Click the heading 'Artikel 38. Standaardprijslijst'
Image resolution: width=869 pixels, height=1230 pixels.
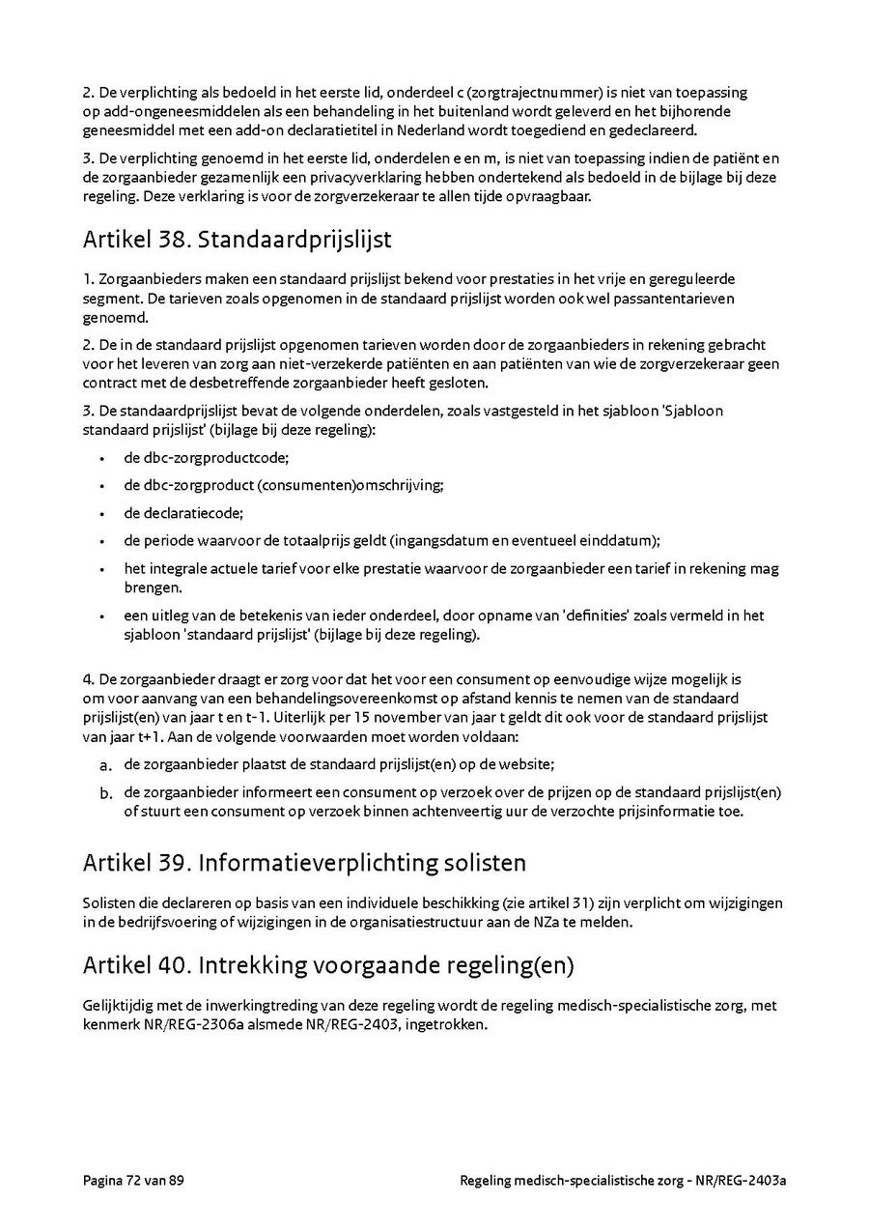(x=237, y=238)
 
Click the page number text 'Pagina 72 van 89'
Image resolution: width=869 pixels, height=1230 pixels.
(x=133, y=1180)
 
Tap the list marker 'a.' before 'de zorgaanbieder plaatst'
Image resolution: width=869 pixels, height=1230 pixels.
(x=106, y=765)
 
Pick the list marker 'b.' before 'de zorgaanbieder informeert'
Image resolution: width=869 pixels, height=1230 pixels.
(x=106, y=793)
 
